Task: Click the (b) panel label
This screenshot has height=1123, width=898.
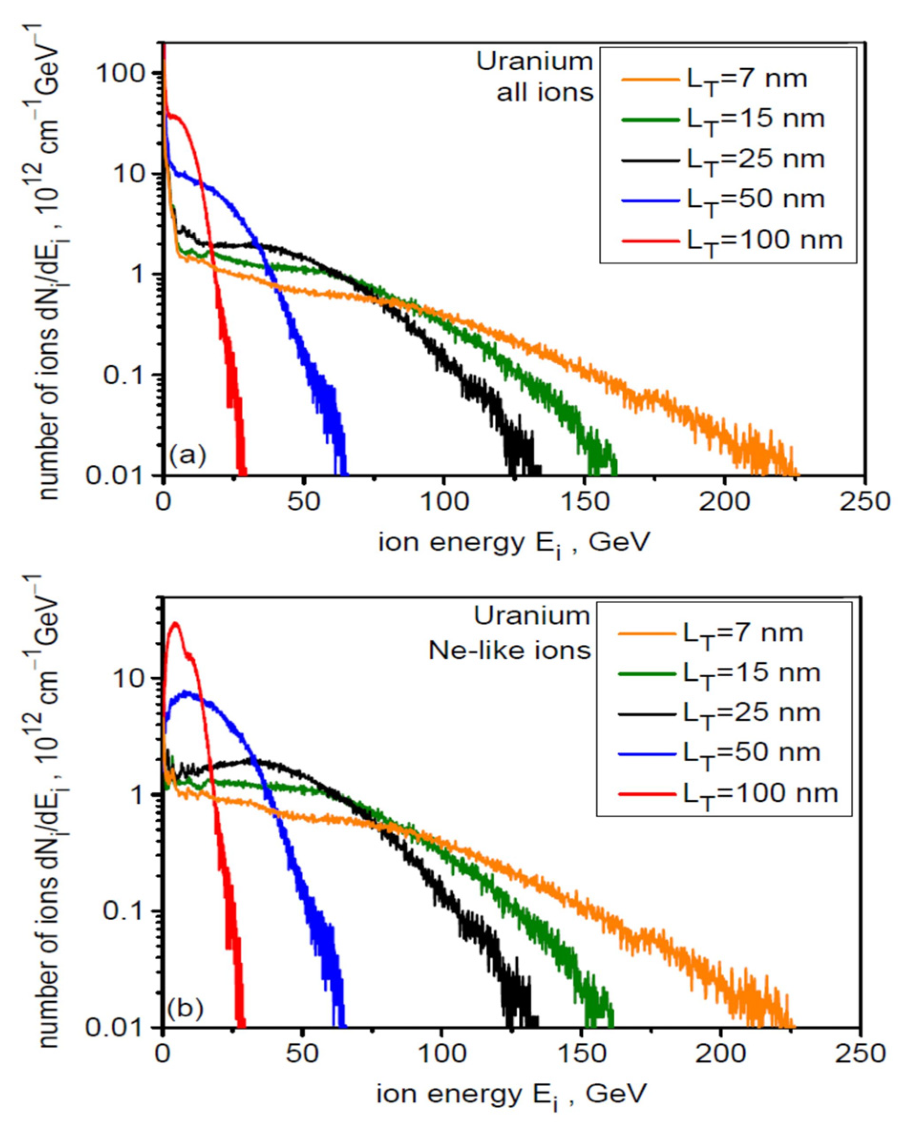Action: pyautogui.click(x=185, y=1008)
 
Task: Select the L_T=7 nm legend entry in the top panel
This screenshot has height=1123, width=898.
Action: pyautogui.click(x=714, y=79)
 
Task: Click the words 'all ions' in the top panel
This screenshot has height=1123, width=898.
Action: pyautogui.click(x=545, y=93)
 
